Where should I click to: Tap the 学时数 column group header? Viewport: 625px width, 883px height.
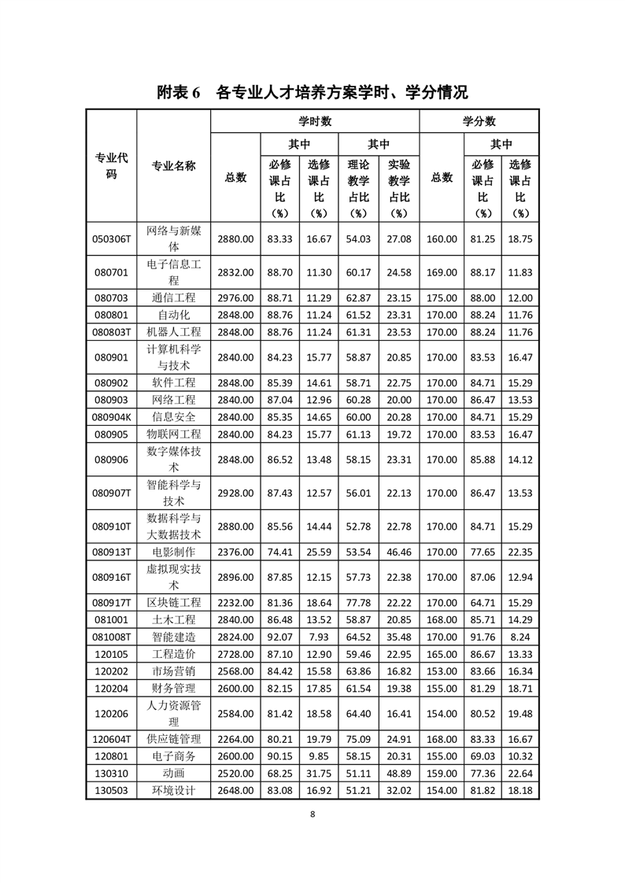point(315,122)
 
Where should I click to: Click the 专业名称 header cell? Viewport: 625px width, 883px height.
point(174,167)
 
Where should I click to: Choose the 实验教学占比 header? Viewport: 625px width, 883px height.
point(399,188)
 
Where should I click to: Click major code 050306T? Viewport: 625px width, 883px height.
point(111,239)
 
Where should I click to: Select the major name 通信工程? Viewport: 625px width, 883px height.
point(174,298)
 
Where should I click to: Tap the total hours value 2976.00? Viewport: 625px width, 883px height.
point(235,298)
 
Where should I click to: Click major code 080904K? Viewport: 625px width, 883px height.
point(111,417)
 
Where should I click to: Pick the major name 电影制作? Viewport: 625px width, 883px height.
point(174,552)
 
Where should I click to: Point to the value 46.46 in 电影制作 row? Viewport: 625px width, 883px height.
point(399,552)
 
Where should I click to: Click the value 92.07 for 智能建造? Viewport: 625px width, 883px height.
point(279,637)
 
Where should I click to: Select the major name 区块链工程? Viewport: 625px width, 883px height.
point(174,603)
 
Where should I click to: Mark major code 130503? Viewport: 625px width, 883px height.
point(111,790)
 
